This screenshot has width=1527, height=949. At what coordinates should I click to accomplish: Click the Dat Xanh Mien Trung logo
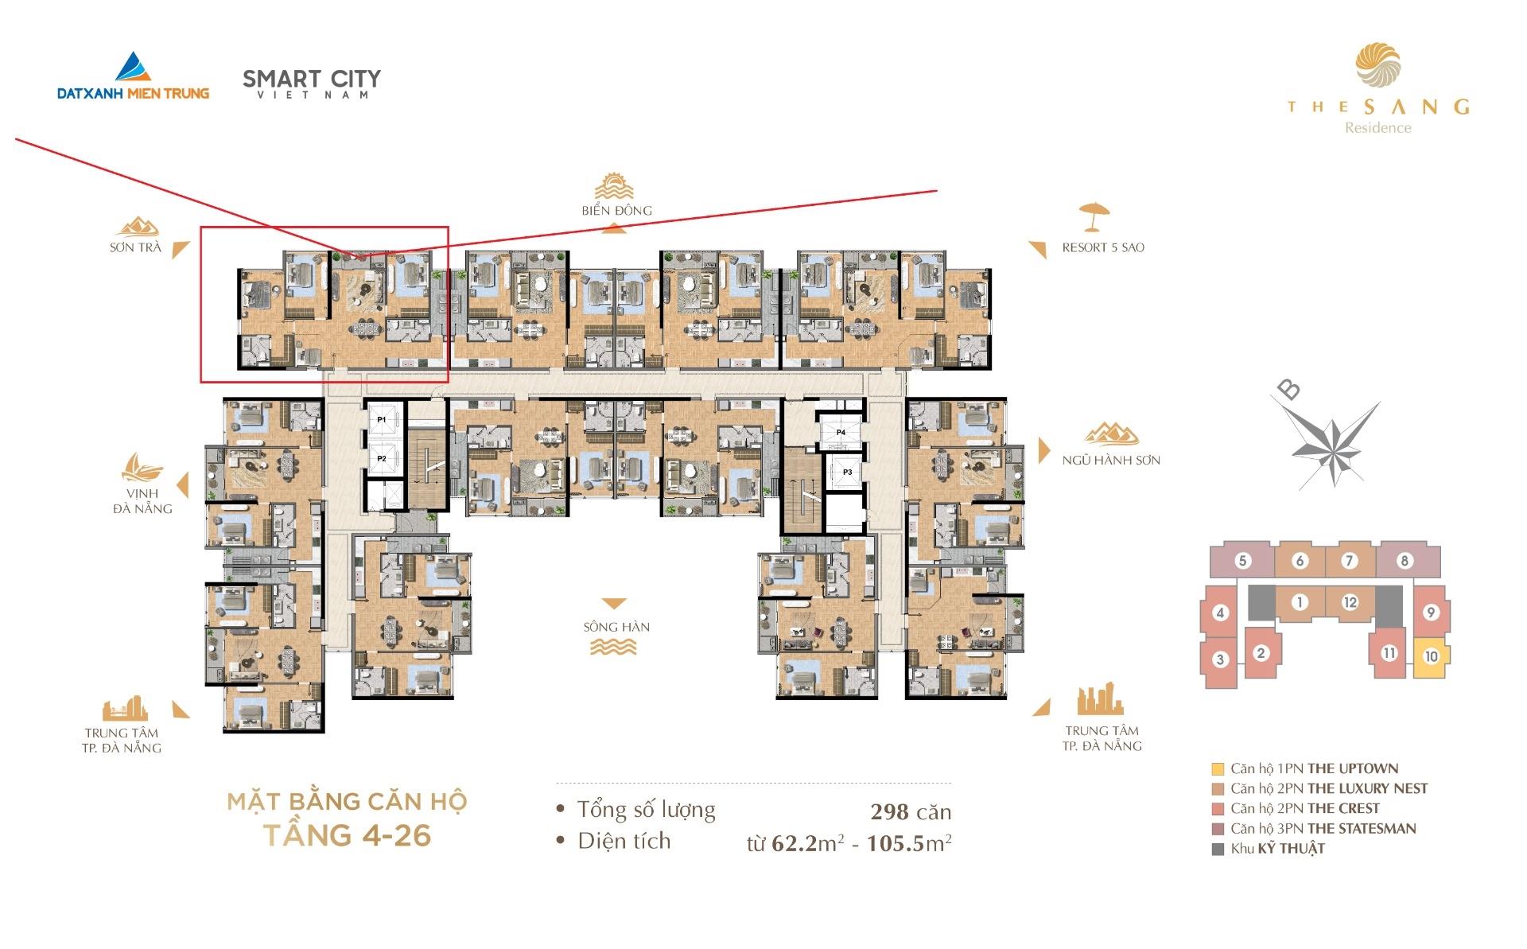point(133,76)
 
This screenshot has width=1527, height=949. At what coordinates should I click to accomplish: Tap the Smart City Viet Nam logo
point(312,84)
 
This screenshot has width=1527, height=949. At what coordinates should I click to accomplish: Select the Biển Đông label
point(616,211)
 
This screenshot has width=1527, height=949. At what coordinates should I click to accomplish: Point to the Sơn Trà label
point(135,247)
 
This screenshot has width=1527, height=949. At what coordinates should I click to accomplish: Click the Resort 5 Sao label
point(1103,247)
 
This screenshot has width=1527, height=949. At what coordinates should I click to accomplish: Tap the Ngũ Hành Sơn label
point(1111,460)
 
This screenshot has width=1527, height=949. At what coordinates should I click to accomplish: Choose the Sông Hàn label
point(616,627)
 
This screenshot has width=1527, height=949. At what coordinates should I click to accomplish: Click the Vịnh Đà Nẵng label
point(142,501)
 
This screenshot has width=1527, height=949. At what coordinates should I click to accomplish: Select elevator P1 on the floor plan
point(382,418)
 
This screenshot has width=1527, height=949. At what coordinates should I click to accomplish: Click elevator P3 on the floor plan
point(847,473)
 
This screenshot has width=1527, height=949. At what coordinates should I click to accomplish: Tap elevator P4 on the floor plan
point(841,432)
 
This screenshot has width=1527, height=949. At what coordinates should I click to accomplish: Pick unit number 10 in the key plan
point(1432,657)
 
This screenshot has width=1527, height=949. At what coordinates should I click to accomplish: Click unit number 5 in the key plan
point(1242,561)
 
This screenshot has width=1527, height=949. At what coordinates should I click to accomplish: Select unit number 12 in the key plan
point(1350,602)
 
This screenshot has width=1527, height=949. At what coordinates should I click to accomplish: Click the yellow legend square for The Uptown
point(1218,769)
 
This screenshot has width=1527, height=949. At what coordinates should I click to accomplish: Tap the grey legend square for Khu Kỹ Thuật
point(1218,849)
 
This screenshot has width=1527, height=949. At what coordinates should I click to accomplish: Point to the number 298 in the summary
point(889,812)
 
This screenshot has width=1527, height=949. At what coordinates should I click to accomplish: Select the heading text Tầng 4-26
point(347,835)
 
